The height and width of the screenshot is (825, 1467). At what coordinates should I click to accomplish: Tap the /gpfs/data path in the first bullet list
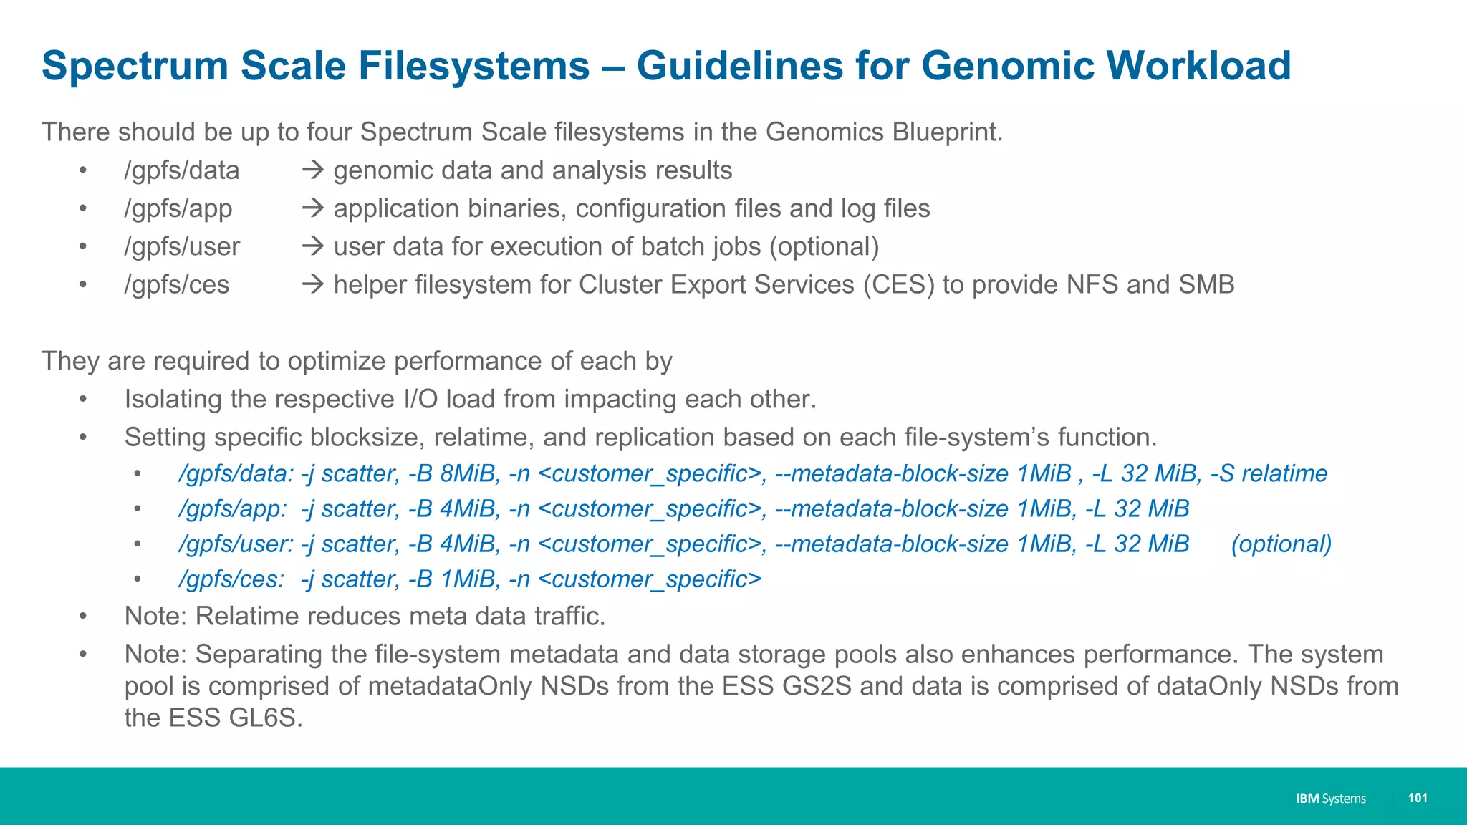pyautogui.click(x=182, y=170)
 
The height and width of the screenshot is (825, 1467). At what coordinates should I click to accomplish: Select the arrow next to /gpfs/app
pyautogui.click(x=312, y=208)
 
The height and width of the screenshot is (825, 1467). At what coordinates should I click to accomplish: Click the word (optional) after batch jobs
pyautogui.click(x=824, y=246)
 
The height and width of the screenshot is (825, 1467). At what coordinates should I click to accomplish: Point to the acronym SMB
pyautogui.click(x=1206, y=284)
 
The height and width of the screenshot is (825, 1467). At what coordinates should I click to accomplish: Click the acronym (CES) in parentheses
pyautogui.click(x=899, y=284)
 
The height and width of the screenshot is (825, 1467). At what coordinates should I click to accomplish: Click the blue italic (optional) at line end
pyautogui.click(x=1281, y=544)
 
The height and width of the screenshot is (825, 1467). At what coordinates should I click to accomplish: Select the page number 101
pyautogui.click(x=1418, y=798)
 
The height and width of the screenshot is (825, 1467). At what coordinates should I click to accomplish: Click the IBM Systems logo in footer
pyautogui.click(x=1330, y=799)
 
